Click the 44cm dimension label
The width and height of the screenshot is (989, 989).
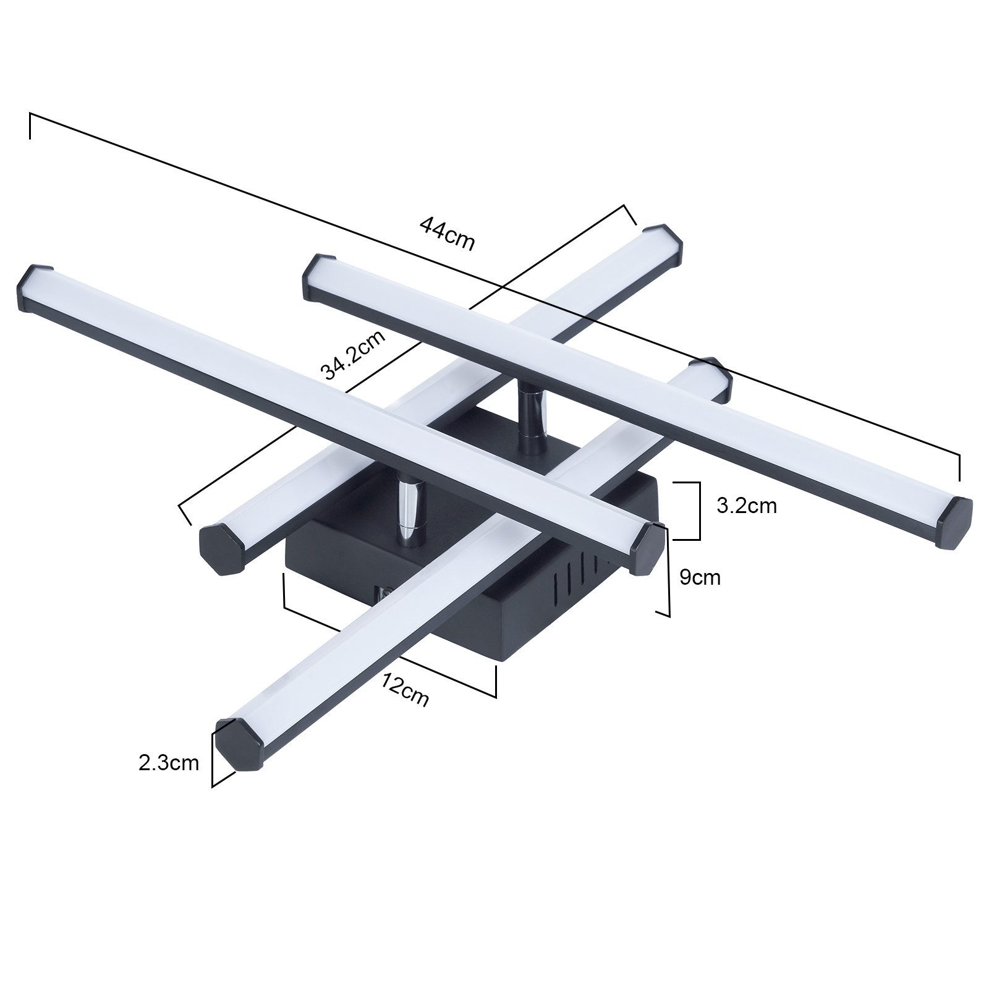(x=447, y=233)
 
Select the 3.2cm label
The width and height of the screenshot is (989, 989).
(x=746, y=506)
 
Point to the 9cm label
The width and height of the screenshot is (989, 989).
(x=700, y=577)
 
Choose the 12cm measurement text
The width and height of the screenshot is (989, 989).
(x=405, y=689)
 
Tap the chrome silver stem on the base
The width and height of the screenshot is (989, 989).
(x=407, y=511)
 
